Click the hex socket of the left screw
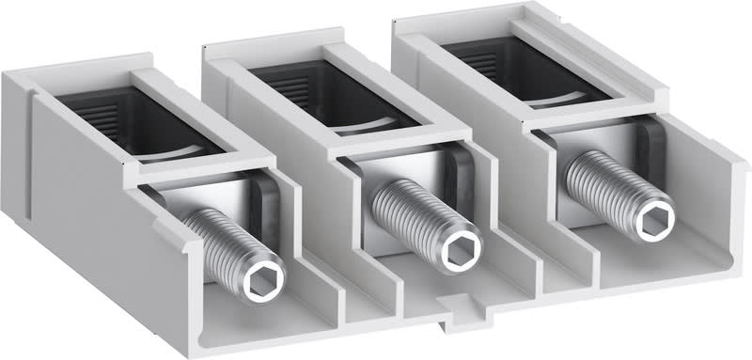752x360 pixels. click(x=258, y=282)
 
